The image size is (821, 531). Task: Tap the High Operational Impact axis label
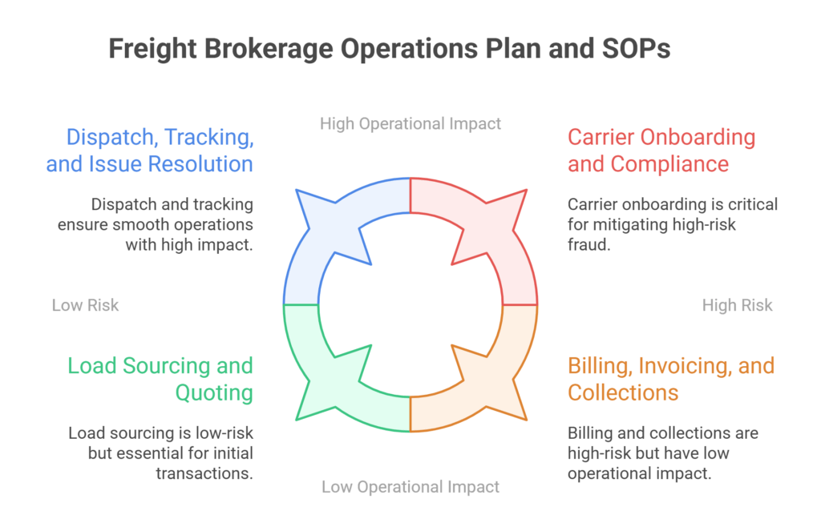410,123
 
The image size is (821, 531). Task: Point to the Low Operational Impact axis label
410,486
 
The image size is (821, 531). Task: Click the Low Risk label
85,305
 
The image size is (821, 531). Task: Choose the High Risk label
737,305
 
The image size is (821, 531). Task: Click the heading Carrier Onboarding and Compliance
661,150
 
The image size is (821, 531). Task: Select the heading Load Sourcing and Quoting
160,379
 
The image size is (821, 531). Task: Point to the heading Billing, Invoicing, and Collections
670,379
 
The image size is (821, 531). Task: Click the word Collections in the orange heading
623,392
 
